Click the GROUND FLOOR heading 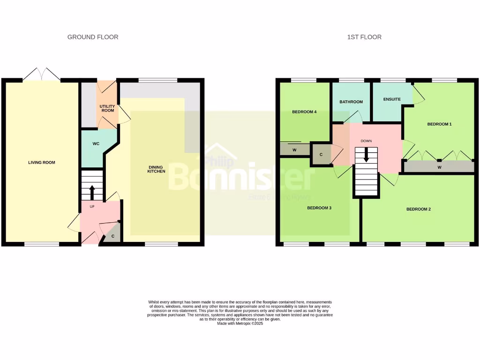93,37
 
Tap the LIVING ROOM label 42,163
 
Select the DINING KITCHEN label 157,169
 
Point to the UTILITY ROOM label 107,108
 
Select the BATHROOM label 351,102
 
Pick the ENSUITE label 391,99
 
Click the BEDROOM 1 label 439,124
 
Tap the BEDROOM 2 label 418,209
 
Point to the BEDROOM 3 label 319,208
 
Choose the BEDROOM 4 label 304,112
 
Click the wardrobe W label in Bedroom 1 439,167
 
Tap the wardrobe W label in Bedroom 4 294,150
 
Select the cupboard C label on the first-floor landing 321,154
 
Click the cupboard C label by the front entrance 113,236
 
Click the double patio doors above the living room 42,74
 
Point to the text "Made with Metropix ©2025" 240,323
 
